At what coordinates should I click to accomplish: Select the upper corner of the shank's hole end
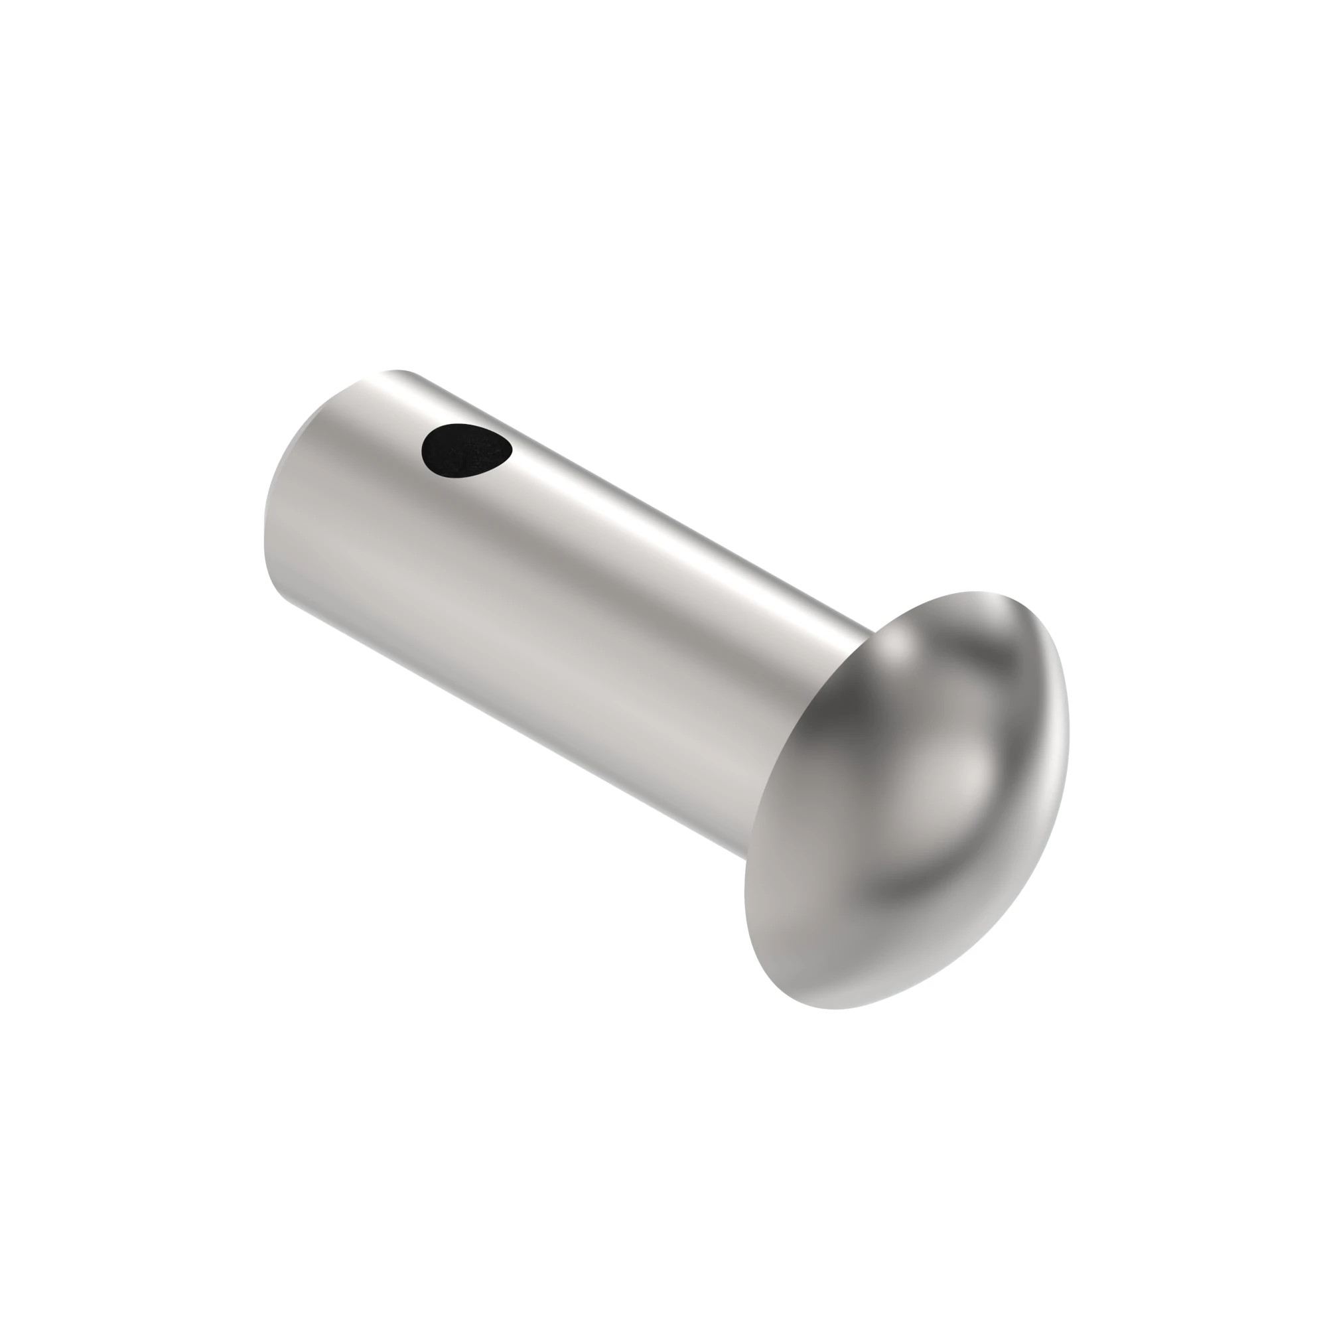[x=398, y=372]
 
